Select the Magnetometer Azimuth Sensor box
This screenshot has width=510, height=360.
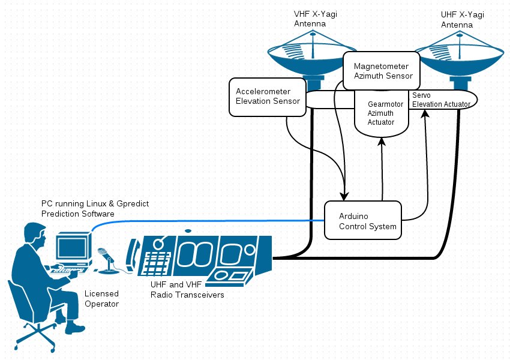[x=381, y=71]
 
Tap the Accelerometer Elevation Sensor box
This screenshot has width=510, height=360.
[x=267, y=96]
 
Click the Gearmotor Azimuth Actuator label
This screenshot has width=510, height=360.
[x=381, y=113]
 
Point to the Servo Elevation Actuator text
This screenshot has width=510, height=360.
[x=440, y=100]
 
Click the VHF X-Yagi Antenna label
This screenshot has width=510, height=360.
[x=310, y=18]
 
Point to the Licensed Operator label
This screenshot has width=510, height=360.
[x=101, y=299]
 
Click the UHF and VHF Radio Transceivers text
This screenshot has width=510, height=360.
[x=187, y=290]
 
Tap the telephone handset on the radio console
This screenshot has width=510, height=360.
[x=133, y=252]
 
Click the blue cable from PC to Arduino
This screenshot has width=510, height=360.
[x=210, y=221]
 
